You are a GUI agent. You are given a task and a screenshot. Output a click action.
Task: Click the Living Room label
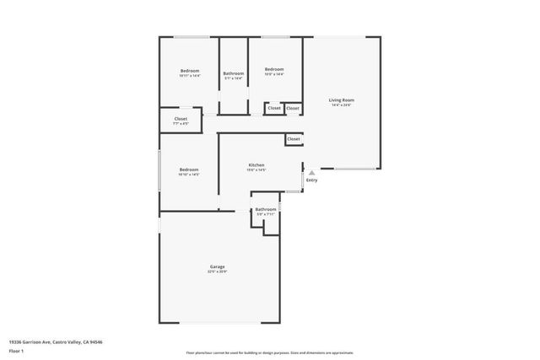click(341, 100)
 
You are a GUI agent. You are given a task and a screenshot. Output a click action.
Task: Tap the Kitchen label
click(256, 164)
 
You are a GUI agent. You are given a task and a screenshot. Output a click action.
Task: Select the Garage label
click(218, 266)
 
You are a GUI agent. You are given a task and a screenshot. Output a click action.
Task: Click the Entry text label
click(312, 180)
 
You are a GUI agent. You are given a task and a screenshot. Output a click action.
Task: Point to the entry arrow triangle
click(311, 172)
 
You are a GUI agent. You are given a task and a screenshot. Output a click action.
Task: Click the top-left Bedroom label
click(190, 70)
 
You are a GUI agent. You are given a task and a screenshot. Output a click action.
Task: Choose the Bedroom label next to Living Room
click(273, 69)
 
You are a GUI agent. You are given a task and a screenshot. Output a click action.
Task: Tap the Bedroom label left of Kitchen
click(189, 169)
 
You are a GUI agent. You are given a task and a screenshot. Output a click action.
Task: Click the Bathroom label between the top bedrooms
click(234, 73)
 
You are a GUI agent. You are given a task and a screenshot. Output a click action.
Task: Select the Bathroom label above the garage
click(266, 209)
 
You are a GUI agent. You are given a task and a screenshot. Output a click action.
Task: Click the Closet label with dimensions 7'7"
click(181, 119)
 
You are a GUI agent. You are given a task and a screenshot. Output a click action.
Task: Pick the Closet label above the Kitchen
click(293, 138)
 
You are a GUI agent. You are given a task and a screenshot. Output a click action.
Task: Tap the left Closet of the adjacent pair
click(274, 108)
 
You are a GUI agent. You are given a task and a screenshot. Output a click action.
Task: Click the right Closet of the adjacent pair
click(292, 108)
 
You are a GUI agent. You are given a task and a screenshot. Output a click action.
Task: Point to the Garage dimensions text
click(218, 272)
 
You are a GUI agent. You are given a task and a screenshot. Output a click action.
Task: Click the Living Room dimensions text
click(341, 105)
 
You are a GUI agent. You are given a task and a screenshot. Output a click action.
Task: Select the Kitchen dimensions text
click(256, 170)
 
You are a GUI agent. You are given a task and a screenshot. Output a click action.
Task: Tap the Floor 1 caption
click(16, 350)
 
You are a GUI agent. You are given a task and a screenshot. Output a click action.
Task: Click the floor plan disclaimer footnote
click(271, 352)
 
